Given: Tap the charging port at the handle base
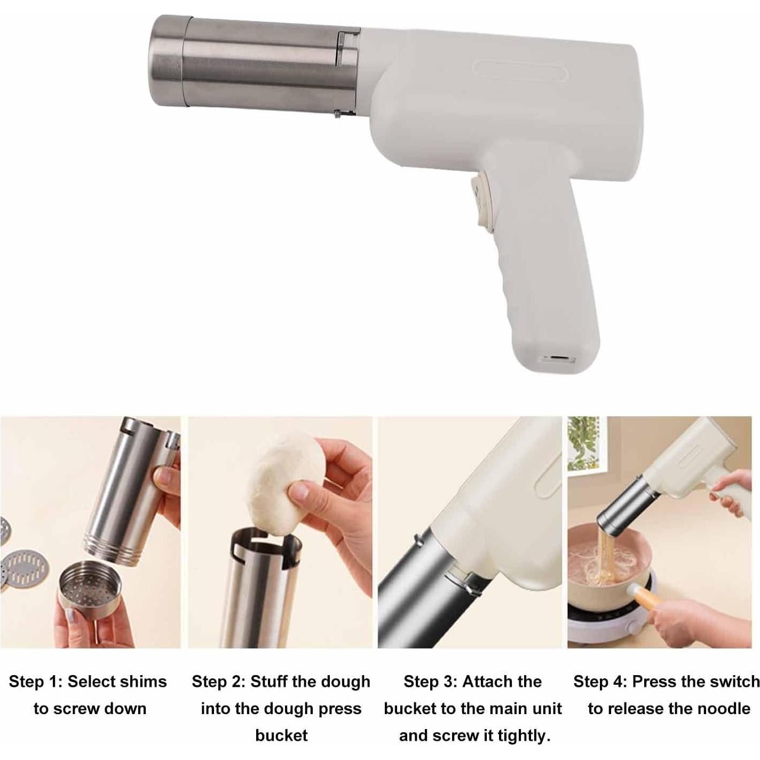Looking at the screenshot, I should tap(556, 358).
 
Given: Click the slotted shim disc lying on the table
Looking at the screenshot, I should tap(26, 567).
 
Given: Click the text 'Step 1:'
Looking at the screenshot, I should tap(35, 682).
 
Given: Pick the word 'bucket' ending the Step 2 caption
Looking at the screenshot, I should tap(281, 735).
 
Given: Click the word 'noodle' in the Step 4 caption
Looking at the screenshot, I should tap(724, 708).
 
